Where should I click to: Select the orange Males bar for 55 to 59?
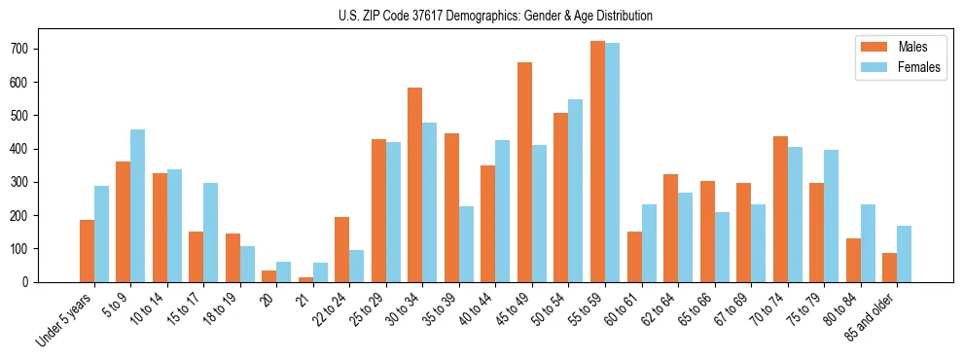[597, 162]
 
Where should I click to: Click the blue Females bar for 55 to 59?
[612, 162]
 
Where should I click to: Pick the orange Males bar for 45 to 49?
[524, 172]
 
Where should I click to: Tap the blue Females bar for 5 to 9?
[138, 205]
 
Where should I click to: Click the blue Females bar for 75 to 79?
[831, 216]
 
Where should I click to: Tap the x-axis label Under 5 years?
[65, 321]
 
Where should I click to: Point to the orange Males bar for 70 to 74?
[780, 209]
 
